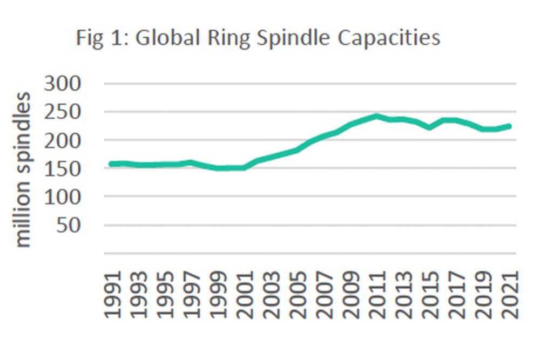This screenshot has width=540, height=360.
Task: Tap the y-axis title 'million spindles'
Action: (x=23, y=170)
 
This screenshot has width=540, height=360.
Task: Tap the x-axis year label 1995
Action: (x=165, y=294)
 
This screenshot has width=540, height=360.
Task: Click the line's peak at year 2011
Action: (x=376, y=116)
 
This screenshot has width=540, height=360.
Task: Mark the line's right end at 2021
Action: (x=510, y=126)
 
